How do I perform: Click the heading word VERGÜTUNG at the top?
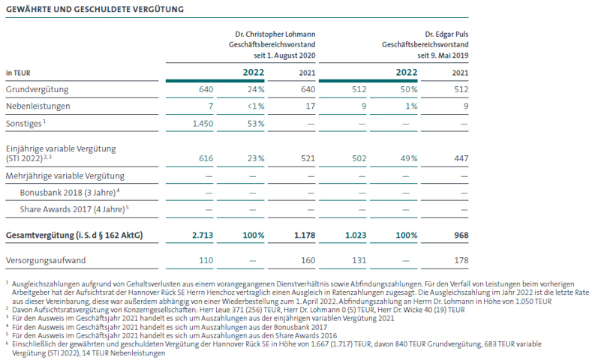click(158, 9)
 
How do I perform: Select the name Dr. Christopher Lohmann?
click(275, 34)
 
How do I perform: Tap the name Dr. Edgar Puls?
click(446, 34)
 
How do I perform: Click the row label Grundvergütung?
click(37, 89)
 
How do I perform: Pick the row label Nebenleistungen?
click(38, 106)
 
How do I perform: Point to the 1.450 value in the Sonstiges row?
click(203, 124)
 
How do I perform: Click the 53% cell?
click(256, 124)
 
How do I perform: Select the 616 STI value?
click(206, 158)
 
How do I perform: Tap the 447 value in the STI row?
click(461, 158)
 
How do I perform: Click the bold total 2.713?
click(203, 235)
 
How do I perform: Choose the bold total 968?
click(461, 235)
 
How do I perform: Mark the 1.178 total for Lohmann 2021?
click(305, 235)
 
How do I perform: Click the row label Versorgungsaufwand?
click(46, 260)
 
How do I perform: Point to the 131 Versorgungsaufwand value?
click(359, 260)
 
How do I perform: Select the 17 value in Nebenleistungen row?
click(311, 106)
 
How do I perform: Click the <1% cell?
click(256, 106)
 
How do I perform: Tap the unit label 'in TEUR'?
click(18, 73)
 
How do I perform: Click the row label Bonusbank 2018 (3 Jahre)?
click(70, 193)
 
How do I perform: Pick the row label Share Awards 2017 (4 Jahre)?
click(74, 209)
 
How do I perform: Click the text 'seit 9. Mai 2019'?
click(443, 55)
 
